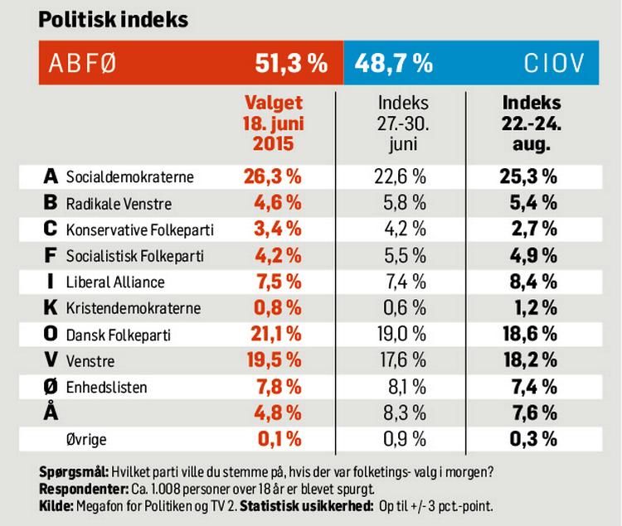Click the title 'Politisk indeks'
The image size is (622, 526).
click(x=114, y=20)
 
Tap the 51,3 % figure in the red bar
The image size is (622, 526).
click(x=291, y=63)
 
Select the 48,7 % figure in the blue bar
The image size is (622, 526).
click(x=393, y=63)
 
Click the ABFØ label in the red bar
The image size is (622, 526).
click(x=82, y=64)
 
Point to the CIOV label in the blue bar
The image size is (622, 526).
click(x=554, y=63)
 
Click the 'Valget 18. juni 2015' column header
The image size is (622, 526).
click(x=274, y=123)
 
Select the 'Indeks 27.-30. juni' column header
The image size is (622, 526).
click(x=403, y=123)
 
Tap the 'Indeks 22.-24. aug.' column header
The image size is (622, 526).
click(x=531, y=123)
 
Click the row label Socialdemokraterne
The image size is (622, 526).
click(x=129, y=176)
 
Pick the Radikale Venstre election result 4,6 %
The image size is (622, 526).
click(x=278, y=203)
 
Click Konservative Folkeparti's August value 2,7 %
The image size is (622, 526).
click(x=534, y=229)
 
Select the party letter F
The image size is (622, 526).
click(x=50, y=255)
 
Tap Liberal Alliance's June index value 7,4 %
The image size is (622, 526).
click(x=406, y=282)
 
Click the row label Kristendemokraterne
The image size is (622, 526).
click(x=134, y=308)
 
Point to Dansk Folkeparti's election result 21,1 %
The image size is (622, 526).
click(x=275, y=335)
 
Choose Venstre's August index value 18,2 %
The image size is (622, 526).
click(x=531, y=360)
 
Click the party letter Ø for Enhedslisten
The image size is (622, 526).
click(x=51, y=387)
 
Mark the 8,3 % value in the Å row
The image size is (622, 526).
click(x=405, y=413)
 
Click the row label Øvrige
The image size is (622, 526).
click(x=86, y=440)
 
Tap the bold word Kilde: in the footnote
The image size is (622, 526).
click(x=56, y=506)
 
